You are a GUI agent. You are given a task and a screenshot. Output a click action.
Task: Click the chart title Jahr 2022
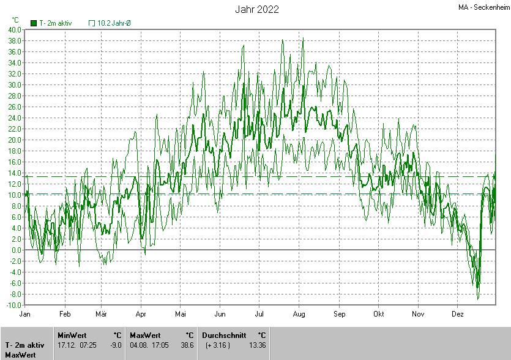point(257,9)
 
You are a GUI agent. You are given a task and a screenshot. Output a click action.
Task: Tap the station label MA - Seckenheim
point(483,7)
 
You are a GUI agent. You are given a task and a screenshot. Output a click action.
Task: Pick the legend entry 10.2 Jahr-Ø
point(114,23)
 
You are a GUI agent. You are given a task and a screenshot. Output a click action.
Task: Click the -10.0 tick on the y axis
point(14,305)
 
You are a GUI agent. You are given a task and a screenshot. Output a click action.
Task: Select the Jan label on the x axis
point(25,313)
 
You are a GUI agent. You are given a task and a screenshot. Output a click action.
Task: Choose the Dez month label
point(457,313)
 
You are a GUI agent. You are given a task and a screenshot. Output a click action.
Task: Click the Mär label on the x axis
point(101,313)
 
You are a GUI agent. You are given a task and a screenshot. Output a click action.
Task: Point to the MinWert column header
point(72,336)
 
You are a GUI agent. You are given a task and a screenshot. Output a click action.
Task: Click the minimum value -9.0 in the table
point(116,345)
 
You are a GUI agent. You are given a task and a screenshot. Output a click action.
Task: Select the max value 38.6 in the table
point(187,345)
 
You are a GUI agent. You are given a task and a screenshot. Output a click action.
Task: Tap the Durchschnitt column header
point(224,336)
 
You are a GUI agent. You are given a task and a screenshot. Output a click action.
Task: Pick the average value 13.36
point(257,345)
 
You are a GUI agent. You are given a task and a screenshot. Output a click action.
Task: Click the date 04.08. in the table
point(139,345)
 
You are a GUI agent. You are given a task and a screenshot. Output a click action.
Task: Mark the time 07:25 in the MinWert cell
point(88,345)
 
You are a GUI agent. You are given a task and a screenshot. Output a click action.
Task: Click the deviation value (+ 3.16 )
point(217,345)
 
